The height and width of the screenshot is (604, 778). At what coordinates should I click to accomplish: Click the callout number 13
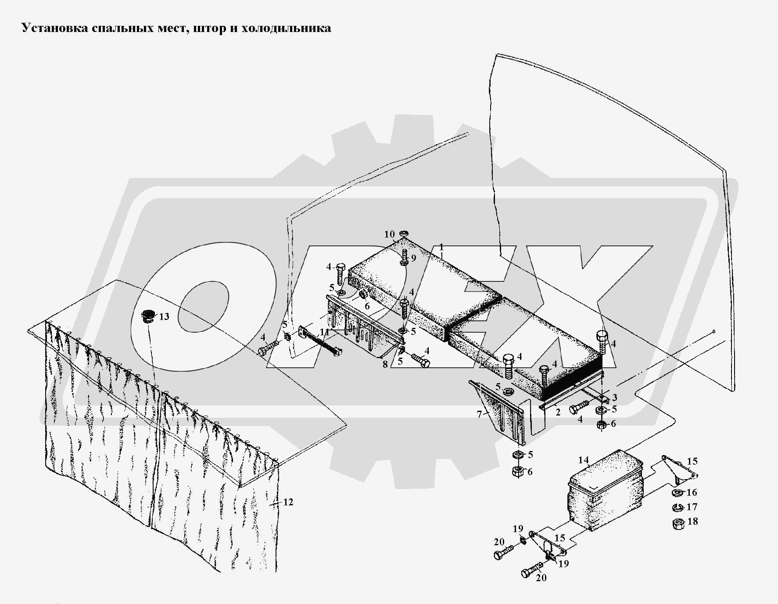(164, 316)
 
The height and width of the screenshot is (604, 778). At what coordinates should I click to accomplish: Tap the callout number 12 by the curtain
(288, 502)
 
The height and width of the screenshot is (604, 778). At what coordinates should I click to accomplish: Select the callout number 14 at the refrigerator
(583, 460)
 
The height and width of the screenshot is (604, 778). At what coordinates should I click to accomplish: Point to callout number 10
(390, 234)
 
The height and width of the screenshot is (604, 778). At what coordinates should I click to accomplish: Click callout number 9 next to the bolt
(413, 259)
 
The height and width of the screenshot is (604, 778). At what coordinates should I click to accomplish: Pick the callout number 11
(324, 332)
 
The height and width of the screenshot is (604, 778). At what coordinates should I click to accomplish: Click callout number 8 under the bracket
(385, 364)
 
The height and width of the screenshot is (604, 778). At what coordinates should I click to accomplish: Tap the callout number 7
(479, 414)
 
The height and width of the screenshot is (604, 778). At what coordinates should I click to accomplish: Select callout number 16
(692, 492)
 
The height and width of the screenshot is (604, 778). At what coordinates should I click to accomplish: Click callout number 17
(692, 507)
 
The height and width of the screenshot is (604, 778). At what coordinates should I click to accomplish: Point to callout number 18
(692, 522)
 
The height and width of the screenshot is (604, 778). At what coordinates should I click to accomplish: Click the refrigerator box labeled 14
(606, 490)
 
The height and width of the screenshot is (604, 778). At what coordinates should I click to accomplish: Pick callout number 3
(615, 398)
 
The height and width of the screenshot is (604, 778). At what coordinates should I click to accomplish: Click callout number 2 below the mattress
(558, 412)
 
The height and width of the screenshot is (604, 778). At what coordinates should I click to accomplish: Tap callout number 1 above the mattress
(441, 246)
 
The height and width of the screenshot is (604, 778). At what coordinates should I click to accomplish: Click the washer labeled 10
(404, 234)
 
